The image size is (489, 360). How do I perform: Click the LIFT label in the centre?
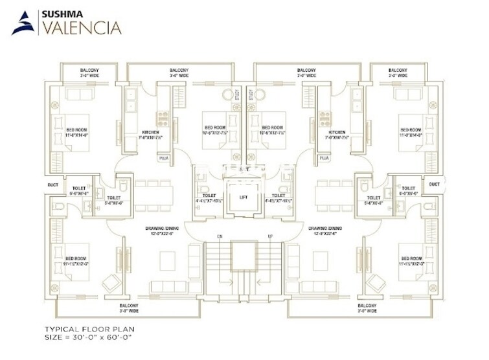pos(244,196)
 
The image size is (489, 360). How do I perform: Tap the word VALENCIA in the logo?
pos(80,27)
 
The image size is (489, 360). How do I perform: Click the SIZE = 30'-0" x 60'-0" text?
pos(88,337)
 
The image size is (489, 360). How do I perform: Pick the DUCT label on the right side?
pos(435,184)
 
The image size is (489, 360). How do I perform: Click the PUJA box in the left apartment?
pos(163,158)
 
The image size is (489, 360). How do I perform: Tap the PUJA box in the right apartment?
pos(324,158)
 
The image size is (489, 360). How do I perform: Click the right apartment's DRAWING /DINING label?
pos(326,231)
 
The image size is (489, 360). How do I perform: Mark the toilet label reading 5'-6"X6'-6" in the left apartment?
pos(114,200)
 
